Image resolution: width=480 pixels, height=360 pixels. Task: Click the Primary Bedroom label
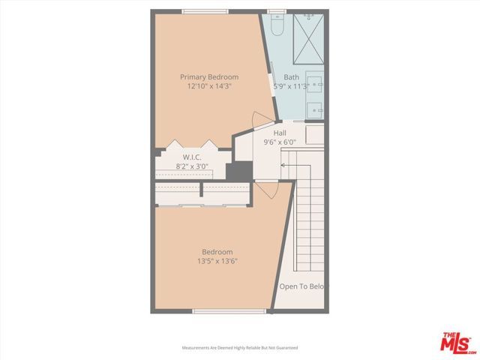pyautogui.click(x=208, y=77)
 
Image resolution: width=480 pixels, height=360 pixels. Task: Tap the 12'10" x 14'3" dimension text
pyautogui.click(x=208, y=86)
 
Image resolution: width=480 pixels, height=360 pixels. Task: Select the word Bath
pyautogui.click(x=291, y=77)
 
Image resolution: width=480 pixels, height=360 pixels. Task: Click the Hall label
pyautogui.click(x=280, y=133)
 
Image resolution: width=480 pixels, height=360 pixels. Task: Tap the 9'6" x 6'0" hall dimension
pyautogui.click(x=280, y=142)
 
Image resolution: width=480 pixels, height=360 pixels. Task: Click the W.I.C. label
pyautogui.click(x=192, y=157)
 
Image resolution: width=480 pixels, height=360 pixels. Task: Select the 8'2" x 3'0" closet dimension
pyautogui.click(x=192, y=166)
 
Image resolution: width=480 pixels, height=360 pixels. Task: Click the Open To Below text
pyautogui.click(x=303, y=286)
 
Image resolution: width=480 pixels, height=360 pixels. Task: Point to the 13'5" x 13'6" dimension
pyautogui.click(x=217, y=261)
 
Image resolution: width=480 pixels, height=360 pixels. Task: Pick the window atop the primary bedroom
pyautogui.click(x=205, y=10)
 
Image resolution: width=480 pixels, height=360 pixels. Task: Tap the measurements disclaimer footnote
pyautogui.click(x=240, y=348)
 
